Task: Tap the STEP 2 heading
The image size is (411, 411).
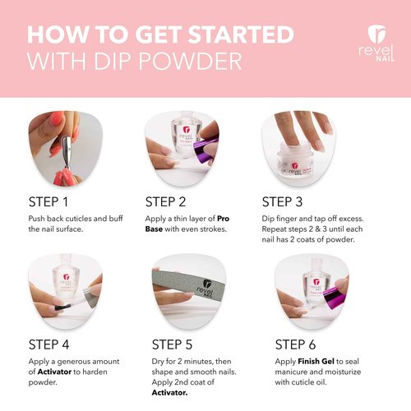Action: [170, 201]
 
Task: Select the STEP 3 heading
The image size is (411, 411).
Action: [288, 201]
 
